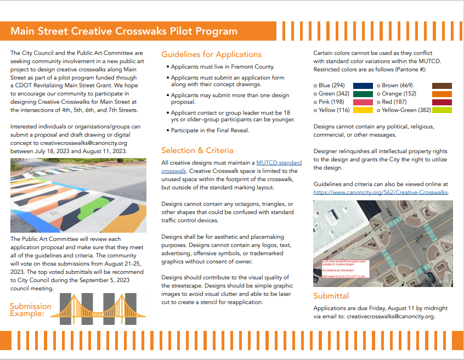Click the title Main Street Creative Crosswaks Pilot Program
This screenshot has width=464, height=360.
coord(124,31)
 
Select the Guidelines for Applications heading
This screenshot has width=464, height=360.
coord(211,54)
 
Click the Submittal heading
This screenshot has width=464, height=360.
coord(331,296)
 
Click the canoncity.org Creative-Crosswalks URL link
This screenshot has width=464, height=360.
coord(381,193)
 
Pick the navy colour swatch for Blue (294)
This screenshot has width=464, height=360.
coord(363,86)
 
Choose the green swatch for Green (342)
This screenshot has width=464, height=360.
coord(363,94)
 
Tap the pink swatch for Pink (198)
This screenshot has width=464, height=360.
coord(363,102)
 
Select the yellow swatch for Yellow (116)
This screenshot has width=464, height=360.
coord(363,110)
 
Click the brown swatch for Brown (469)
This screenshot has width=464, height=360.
coord(442,86)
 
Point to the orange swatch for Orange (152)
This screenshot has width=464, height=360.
coord(442,94)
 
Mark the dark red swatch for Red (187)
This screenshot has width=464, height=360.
coord(442,102)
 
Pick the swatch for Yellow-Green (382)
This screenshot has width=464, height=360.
coord(442,110)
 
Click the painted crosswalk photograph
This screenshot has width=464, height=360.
coord(78,196)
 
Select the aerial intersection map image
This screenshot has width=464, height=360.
coord(383,243)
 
